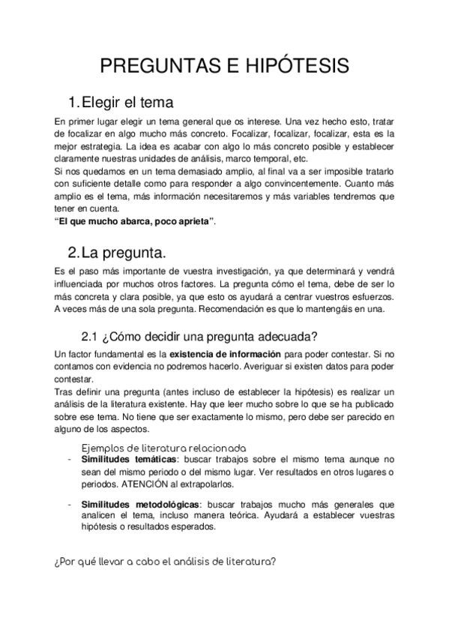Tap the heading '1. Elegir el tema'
click(121, 102)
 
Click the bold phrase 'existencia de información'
click(226, 353)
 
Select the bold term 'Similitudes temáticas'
click(128, 459)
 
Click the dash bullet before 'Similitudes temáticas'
click(69, 459)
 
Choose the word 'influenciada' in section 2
click(82, 284)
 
